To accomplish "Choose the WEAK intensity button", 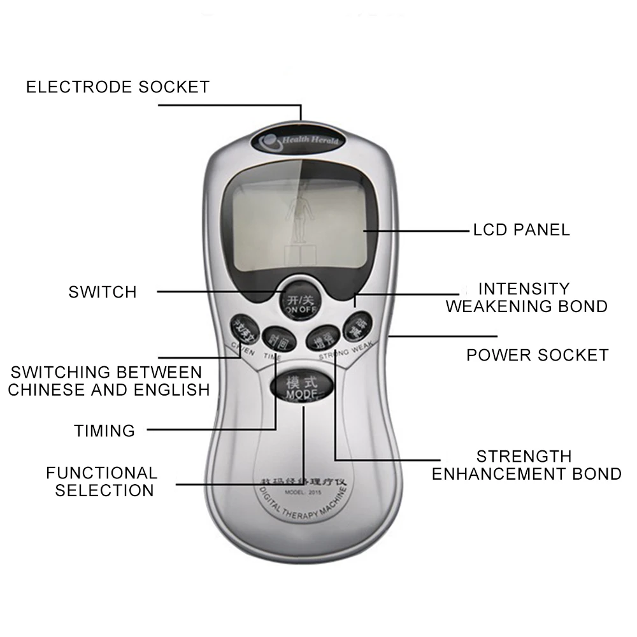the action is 357,326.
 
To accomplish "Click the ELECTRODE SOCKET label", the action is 118,87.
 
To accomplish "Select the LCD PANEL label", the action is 521,229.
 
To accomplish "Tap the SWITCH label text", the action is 103,292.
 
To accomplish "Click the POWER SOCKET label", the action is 537,355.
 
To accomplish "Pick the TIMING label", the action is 104,431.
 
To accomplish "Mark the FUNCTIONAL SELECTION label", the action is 102,482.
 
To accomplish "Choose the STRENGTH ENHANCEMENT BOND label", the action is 526,465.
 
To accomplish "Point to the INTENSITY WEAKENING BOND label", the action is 526,297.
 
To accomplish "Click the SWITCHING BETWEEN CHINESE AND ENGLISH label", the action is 108,380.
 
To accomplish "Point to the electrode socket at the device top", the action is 301,124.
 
